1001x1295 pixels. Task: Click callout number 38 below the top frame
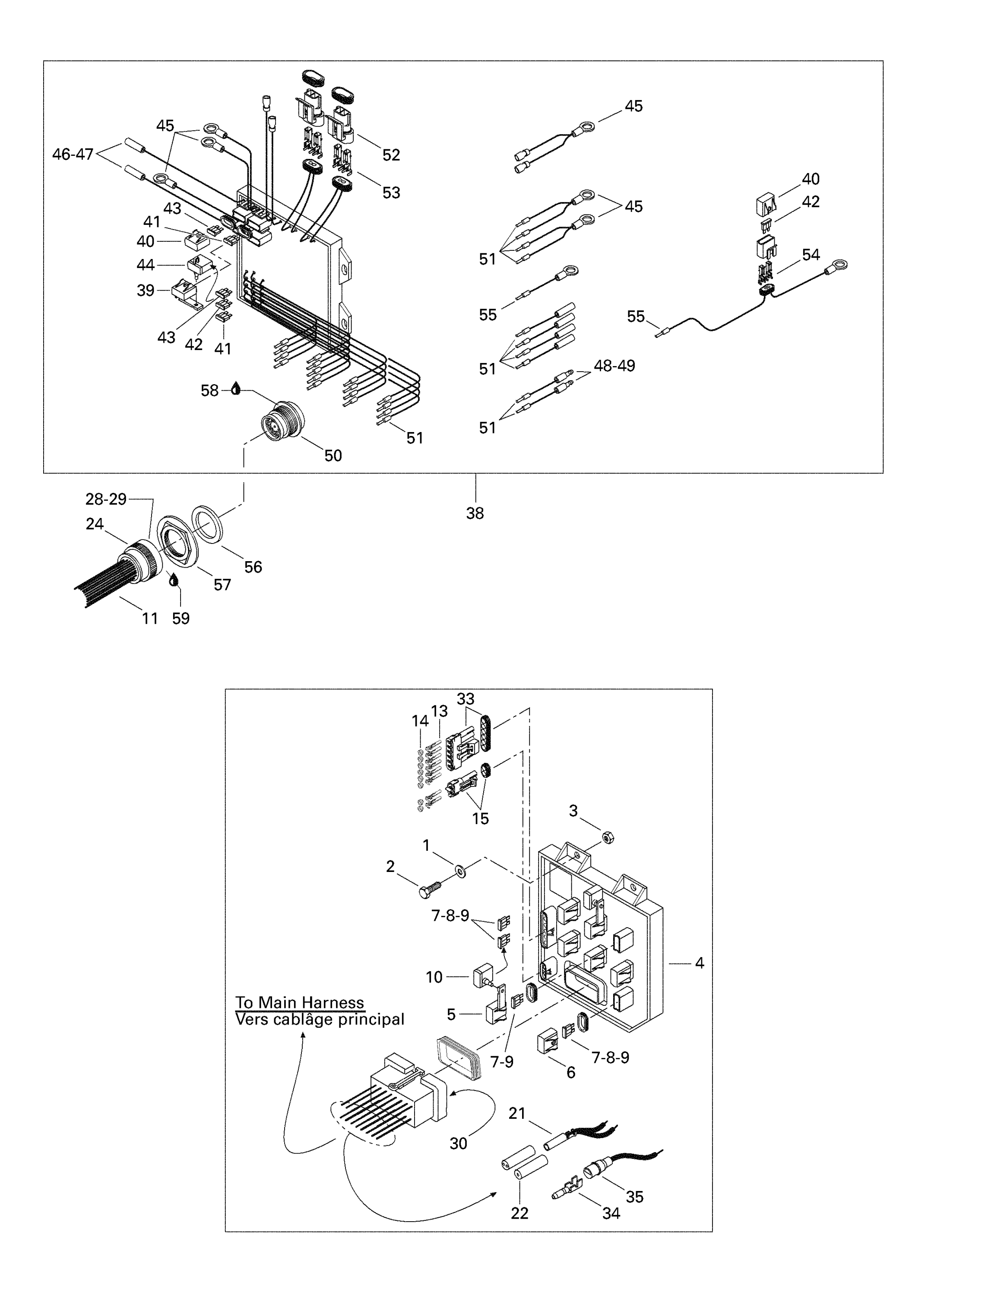(475, 514)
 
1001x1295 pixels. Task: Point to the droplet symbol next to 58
(236, 389)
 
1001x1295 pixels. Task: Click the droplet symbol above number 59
(174, 579)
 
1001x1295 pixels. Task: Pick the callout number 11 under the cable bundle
(150, 619)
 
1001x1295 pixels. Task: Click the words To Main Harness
(299, 1003)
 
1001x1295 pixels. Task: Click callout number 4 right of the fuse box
(699, 963)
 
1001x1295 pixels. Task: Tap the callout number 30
(459, 1144)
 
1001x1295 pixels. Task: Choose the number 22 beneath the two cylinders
(520, 1213)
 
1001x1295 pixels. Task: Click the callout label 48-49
(615, 366)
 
